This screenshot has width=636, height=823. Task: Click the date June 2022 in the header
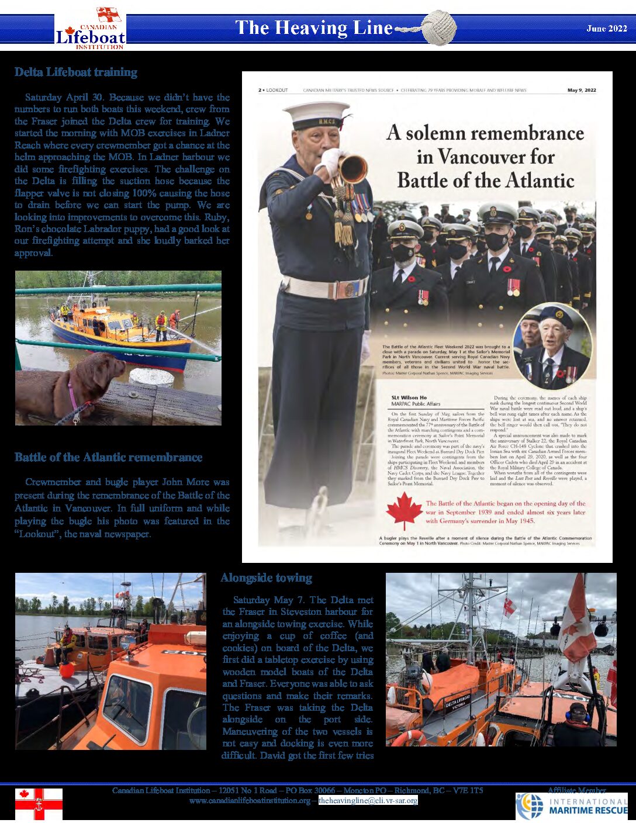pyautogui.click(x=606, y=29)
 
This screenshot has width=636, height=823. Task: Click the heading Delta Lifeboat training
pyautogui.click(x=76, y=72)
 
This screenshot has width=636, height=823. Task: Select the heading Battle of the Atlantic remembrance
pyautogui.click(x=109, y=458)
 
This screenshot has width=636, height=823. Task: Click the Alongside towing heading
pyautogui.click(x=266, y=578)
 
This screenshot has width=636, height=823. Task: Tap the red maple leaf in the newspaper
pyautogui.click(x=403, y=511)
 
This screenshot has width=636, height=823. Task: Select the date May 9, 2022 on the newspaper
pyautogui.click(x=582, y=91)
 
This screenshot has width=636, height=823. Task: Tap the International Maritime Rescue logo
pyautogui.click(x=571, y=807)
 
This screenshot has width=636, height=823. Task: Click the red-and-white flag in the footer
pyautogui.click(x=39, y=804)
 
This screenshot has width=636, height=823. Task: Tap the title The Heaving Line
pyautogui.click(x=313, y=28)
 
